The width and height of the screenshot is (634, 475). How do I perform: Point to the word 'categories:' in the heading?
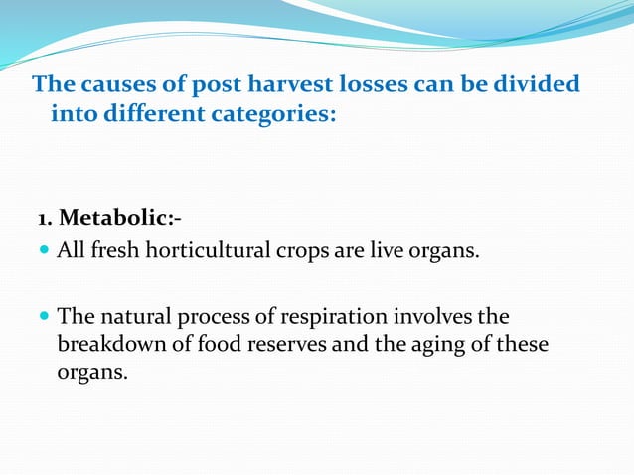[x=273, y=115]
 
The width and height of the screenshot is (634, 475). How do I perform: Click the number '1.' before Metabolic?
[x=46, y=218]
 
